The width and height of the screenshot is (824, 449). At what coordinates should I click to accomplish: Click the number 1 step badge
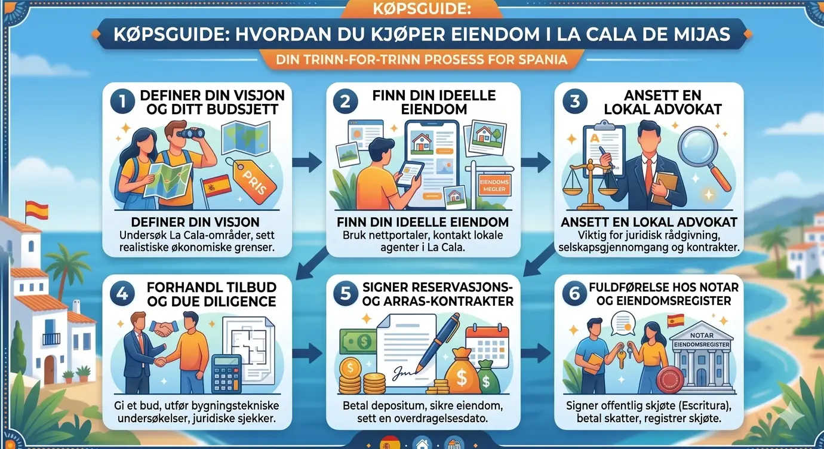(122, 101)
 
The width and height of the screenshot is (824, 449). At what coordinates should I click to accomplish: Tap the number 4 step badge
(122, 293)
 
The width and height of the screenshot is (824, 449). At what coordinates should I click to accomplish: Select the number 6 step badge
(574, 293)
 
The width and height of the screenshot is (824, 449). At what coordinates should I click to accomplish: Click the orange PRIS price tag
(253, 180)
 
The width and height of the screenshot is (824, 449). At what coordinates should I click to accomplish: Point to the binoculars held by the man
(190, 133)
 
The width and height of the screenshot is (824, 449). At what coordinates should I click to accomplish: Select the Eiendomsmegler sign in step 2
(494, 185)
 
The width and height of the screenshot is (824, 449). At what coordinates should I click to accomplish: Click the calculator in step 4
(227, 374)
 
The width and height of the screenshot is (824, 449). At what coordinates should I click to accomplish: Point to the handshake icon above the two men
(164, 328)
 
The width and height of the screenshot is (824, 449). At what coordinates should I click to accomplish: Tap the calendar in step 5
(487, 345)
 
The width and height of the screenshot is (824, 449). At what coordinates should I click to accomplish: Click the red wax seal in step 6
(670, 380)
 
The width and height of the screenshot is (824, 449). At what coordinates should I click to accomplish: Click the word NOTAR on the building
(702, 336)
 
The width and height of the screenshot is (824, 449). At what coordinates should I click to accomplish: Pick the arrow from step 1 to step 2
(308, 162)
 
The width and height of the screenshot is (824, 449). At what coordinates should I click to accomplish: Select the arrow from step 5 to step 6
(536, 353)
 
